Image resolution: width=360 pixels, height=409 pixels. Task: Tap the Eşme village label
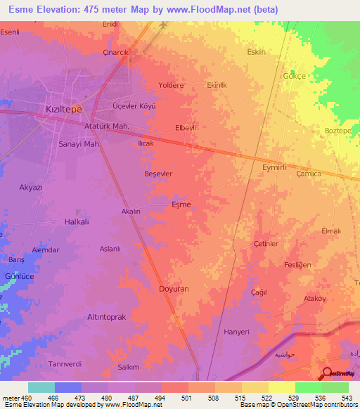coord(181,204)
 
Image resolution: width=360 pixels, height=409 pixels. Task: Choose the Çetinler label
coord(266,243)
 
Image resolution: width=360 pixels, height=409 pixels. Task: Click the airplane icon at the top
coord(163,25)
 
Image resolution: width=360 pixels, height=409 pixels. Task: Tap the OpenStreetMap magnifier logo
coord(327,373)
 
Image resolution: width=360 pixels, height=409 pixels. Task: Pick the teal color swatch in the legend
coord(41,387)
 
